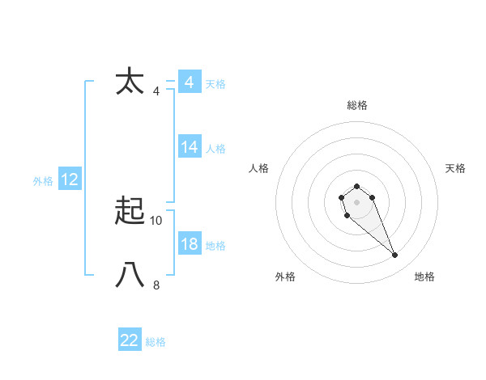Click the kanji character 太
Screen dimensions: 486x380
pyautogui.click(x=130, y=82)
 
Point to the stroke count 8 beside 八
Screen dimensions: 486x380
pyautogui.click(x=156, y=285)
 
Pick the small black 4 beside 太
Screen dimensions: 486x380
pyautogui.click(x=156, y=91)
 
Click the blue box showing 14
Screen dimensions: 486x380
pyautogui.click(x=190, y=147)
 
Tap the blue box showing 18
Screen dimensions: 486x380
pyautogui.click(x=190, y=244)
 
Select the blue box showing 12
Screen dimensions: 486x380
pyautogui.click(x=70, y=180)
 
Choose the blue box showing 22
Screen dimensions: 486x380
pyautogui.click(x=130, y=340)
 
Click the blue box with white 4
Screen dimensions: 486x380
pyautogui.click(x=190, y=82)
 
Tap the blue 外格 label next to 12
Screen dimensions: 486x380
pyautogui.click(x=43, y=181)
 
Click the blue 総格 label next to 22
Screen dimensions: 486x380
pyautogui.click(x=156, y=342)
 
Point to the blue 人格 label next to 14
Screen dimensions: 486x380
pyautogui.click(x=215, y=149)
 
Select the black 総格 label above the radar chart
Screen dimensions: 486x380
pyautogui.click(x=357, y=105)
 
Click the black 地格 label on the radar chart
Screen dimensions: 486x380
pyautogui.click(x=424, y=277)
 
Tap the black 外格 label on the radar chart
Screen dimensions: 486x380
pyautogui.click(x=285, y=277)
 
